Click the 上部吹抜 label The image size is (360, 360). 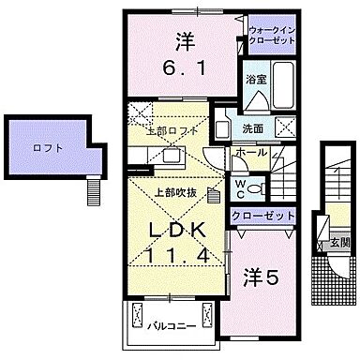pos(175,193)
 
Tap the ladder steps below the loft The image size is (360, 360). pos(91,191)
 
